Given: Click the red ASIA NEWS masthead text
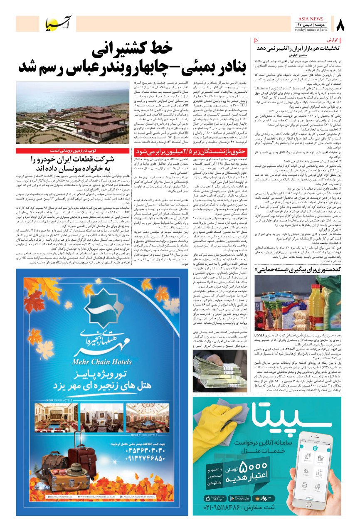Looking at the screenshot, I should (311, 19).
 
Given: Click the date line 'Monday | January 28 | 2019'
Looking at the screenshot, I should (311, 30).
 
